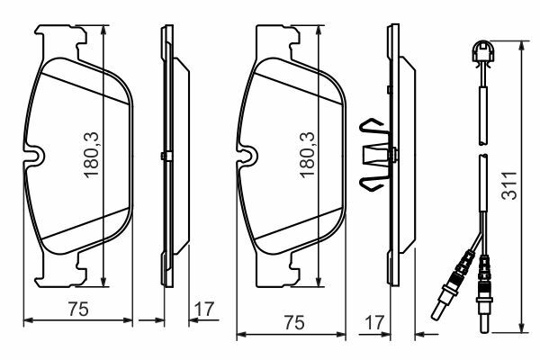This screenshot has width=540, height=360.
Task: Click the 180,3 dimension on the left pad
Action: click(x=92, y=155)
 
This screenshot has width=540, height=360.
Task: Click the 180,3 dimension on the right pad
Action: click(x=307, y=155)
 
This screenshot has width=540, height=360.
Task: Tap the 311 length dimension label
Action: click(x=509, y=185)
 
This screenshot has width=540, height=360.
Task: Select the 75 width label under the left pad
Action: click(x=78, y=309)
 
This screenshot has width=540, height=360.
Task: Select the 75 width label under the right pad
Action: click(x=294, y=322)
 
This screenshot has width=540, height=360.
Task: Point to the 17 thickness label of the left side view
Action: click(x=204, y=309)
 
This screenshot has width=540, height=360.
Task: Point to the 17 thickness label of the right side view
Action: click(x=374, y=323)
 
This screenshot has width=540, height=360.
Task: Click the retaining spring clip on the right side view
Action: click(x=375, y=154)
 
